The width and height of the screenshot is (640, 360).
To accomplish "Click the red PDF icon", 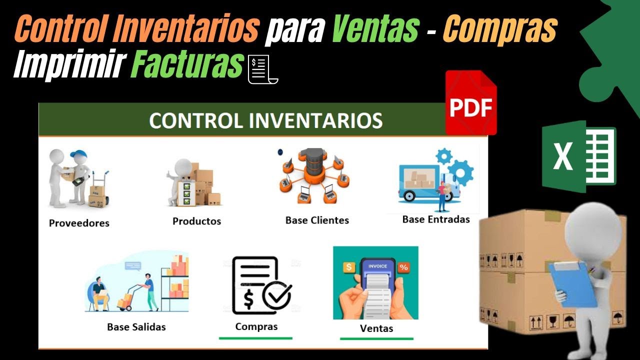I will pyautogui.click(x=470, y=103).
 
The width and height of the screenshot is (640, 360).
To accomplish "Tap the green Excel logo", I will pyautogui.click(x=579, y=156).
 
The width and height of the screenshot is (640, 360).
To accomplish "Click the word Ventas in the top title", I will pyautogui.click(x=375, y=29).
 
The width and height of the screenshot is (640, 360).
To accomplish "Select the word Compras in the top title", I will pyautogui.click(x=499, y=29).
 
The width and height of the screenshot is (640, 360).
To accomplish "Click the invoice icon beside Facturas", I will pyautogui.click(x=263, y=69).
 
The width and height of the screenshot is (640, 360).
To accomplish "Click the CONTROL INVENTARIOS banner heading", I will pyautogui.click(x=265, y=120).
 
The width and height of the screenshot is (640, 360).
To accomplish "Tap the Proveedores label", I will pyautogui.click(x=79, y=223).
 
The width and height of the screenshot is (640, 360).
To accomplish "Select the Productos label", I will pyautogui.click(x=196, y=221).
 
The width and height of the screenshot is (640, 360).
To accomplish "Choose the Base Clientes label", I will pyautogui.click(x=317, y=220).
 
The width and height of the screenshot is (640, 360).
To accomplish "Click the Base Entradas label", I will pyautogui.click(x=436, y=219).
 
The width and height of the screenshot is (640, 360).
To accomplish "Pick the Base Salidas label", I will pyautogui.click(x=136, y=327).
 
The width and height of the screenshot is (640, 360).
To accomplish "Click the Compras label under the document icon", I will pyautogui.click(x=256, y=326).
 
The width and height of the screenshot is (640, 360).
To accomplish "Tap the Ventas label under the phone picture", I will pyautogui.click(x=376, y=328).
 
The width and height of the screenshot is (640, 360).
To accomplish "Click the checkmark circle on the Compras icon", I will pyautogui.click(x=276, y=296).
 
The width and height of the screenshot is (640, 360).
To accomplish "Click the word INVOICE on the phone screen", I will pyautogui.click(x=377, y=266).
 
